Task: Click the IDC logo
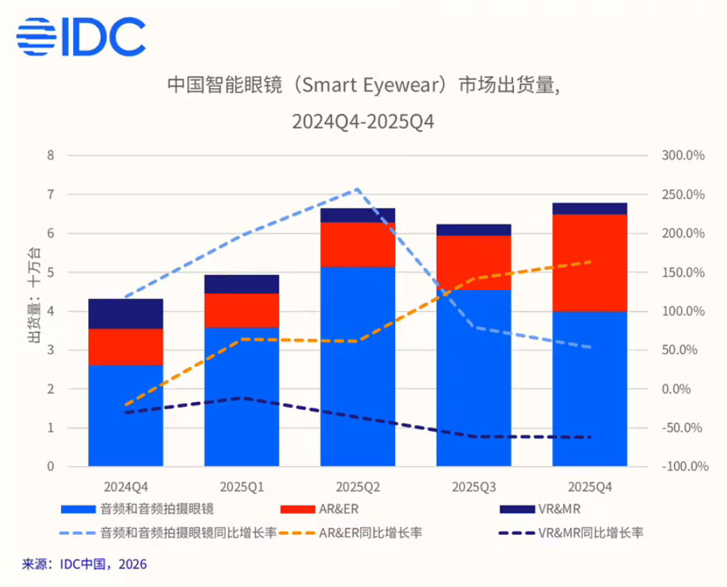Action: coord(80,37)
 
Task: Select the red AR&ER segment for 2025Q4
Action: coord(589,262)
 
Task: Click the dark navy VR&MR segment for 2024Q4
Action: coord(125,314)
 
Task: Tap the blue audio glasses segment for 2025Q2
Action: coord(357,366)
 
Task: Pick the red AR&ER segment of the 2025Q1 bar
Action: coord(242,310)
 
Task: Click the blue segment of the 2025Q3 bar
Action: coord(473,378)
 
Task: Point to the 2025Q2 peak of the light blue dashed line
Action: coord(357,190)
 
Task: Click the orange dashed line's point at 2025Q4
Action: coord(589,262)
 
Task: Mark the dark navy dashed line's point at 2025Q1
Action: coord(242,398)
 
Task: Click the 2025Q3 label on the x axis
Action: coord(473,487)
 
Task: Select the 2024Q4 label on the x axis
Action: coord(125,487)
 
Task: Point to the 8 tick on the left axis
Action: coord(50,156)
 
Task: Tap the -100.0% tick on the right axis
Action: coord(685,467)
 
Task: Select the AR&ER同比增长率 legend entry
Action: coord(369,533)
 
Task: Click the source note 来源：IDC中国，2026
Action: coord(85,564)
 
